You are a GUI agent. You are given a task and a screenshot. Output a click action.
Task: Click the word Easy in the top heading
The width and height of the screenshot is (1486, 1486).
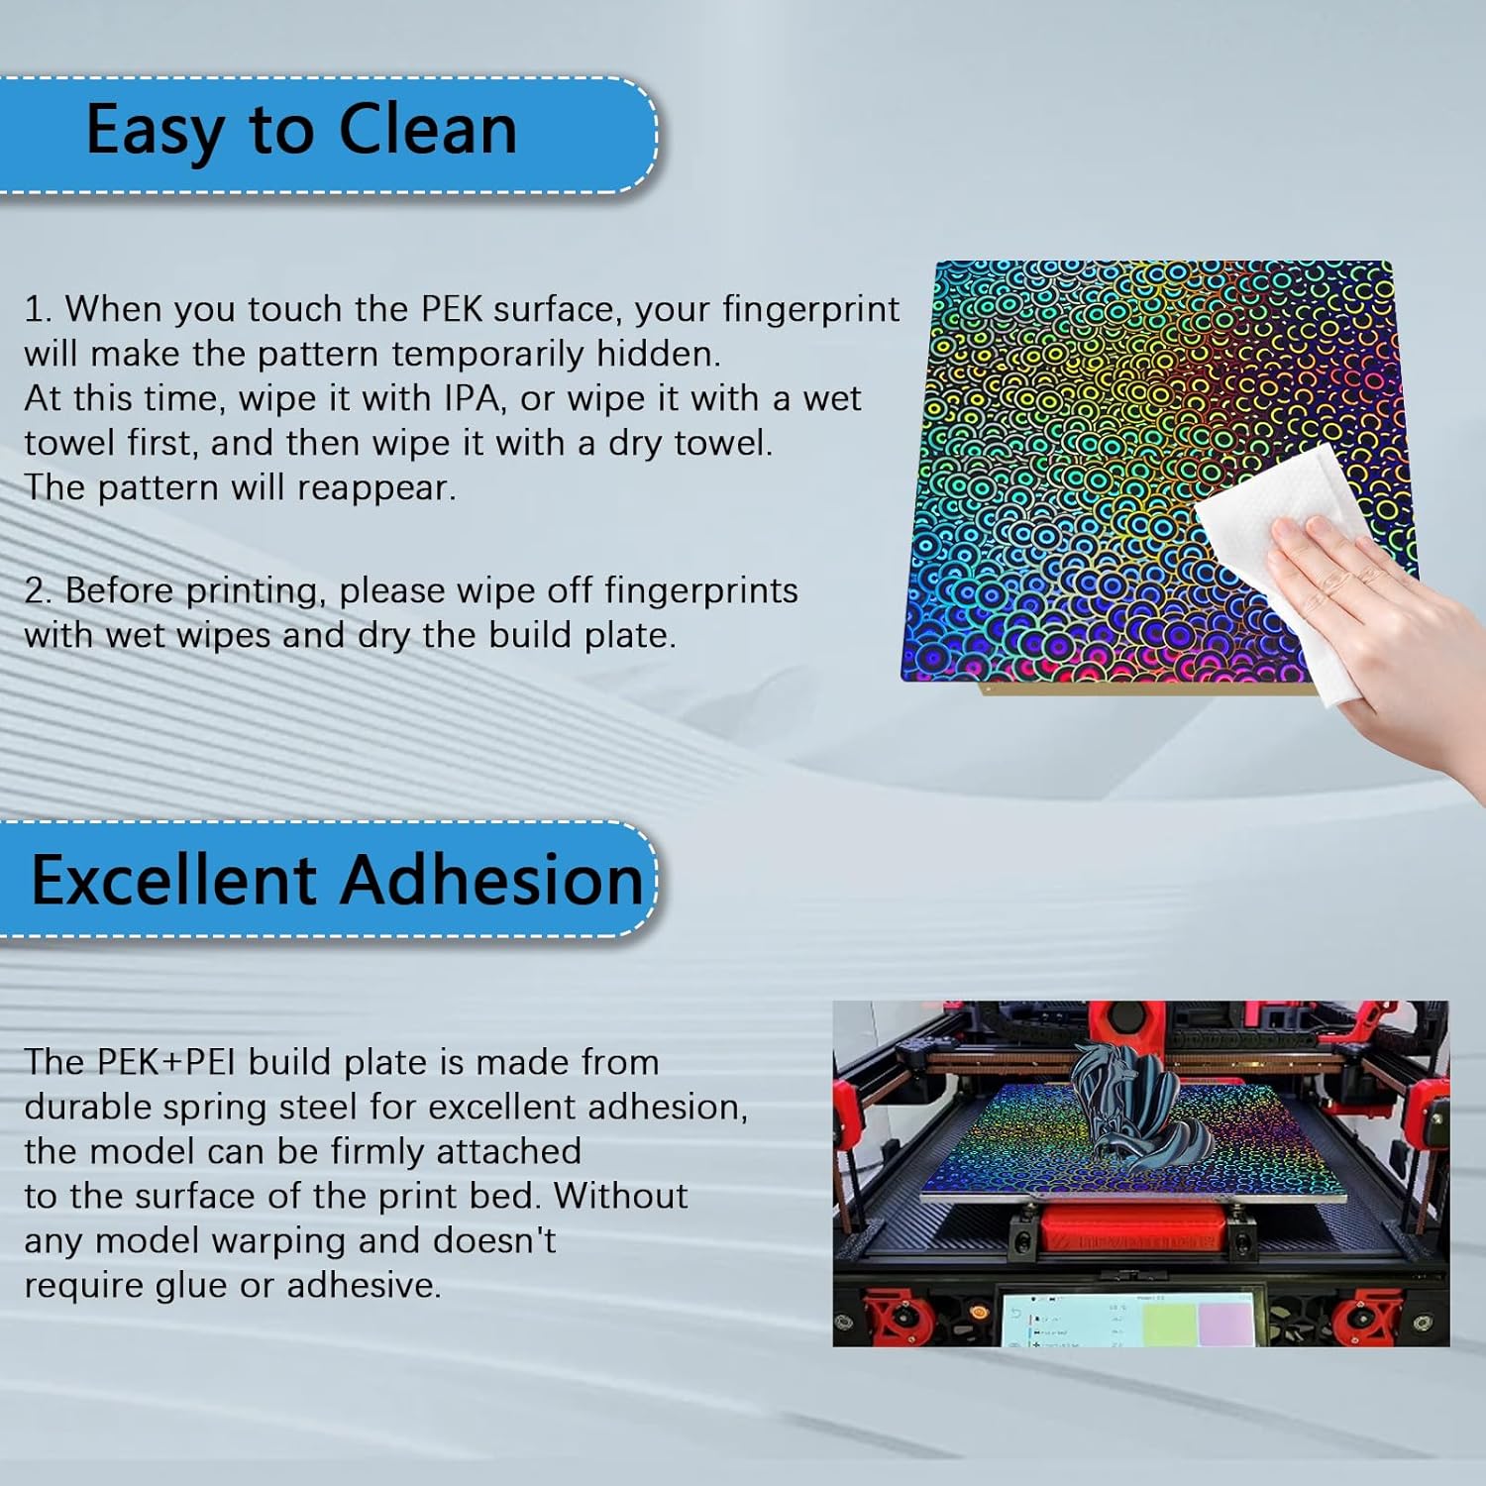click(155, 130)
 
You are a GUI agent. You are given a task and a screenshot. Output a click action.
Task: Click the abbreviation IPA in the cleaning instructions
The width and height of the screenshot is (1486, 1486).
click(472, 398)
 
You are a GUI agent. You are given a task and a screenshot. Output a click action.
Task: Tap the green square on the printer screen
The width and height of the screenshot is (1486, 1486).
click(1169, 1324)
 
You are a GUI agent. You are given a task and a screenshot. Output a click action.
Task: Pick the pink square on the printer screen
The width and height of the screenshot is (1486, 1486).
click(1225, 1324)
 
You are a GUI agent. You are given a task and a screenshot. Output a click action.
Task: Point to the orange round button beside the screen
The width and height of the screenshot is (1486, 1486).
click(980, 1313)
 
